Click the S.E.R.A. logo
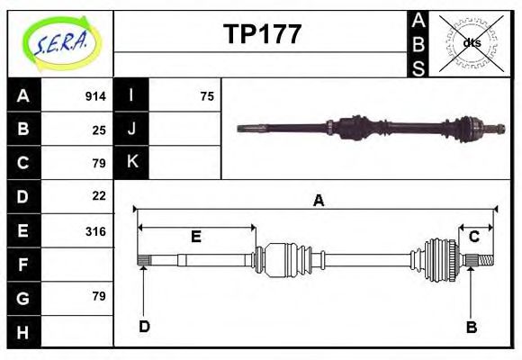coord(59,42)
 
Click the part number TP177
coord(262,34)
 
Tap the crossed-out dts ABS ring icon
coord(471,43)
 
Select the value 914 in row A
coord(95,96)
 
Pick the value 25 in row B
coord(99,130)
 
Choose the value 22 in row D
coord(99,195)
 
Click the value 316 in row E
coord(95,230)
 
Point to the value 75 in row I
coord(207,96)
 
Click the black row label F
coord(22,264)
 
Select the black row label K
coord(132,162)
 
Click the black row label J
coord(132,129)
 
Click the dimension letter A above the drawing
coord(318,201)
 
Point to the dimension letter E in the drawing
coord(195,238)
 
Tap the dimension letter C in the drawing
coord(473,236)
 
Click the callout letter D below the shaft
coord(144,326)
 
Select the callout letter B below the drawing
coord(471,327)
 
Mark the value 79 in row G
coord(99,296)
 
